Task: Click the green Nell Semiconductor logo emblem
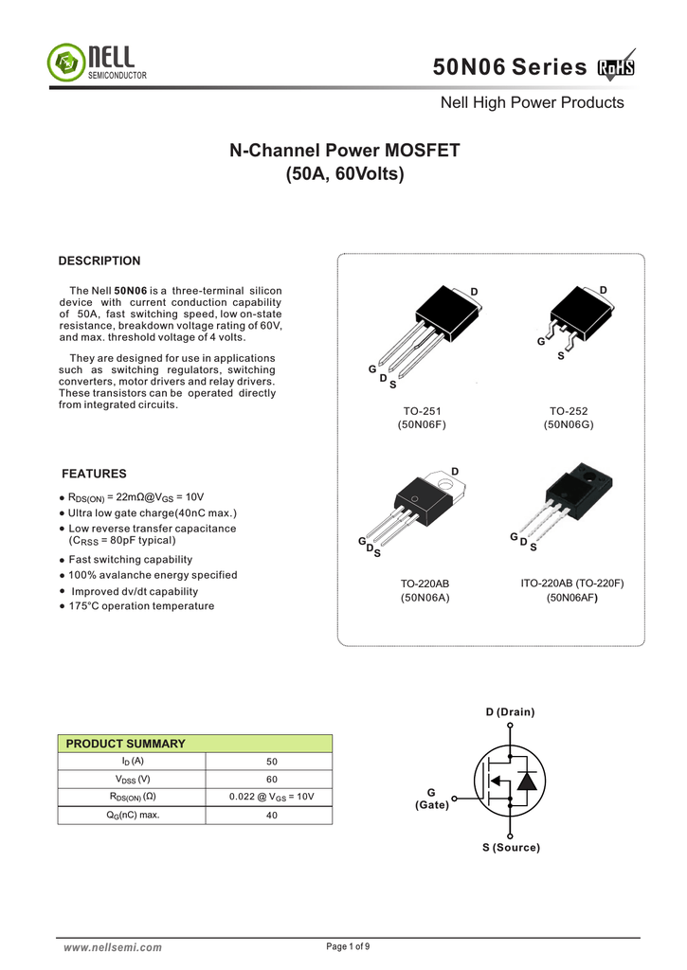pyautogui.click(x=64, y=63)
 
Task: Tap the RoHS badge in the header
pyautogui.click(x=616, y=67)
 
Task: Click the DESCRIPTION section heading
pyautogui.click(x=99, y=261)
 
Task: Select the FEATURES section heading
pyautogui.click(x=94, y=474)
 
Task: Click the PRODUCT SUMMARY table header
pyautogui.click(x=125, y=744)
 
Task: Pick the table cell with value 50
pyautogui.click(x=272, y=762)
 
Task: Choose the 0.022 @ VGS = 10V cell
pyautogui.click(x=272, y=797)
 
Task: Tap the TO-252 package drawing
pyautogui.click(x=573, y=317)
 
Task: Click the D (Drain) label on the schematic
pyautogui.click(x=510, y=711)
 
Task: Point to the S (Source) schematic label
pyautogui.click(x=510, y=848)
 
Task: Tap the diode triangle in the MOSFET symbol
pyautogui.click(x=527, y=781)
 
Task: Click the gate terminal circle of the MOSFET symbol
pyautogui.click(x=455, y=798)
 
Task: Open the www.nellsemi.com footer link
pyautogui.click(x=112, y=947)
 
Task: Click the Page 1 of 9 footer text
pyautogui.click(x=348, y=946)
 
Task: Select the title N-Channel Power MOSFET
pyautogui.click(x=345, y=151)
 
